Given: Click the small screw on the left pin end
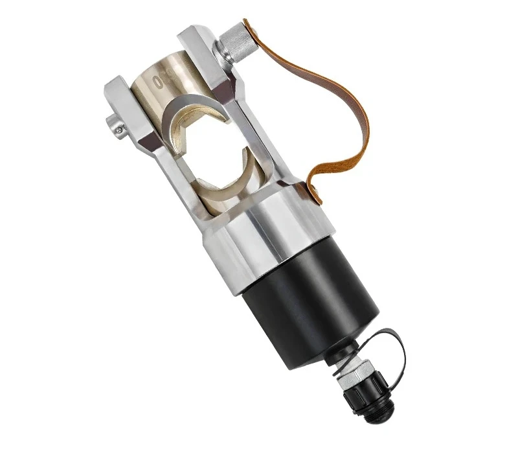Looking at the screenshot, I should pyautogui.click(x=118, y=130).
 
